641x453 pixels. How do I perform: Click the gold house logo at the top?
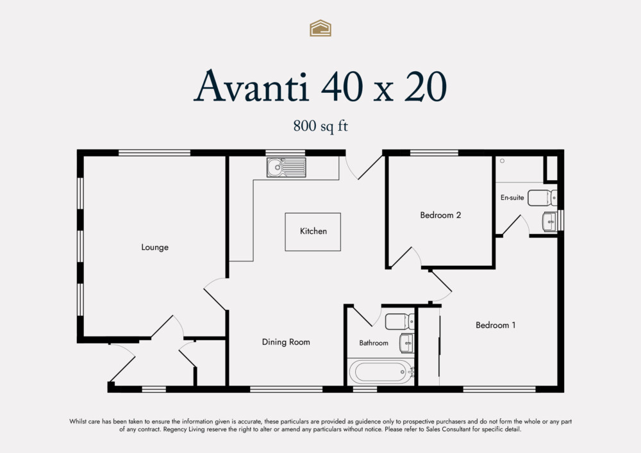click(320, 28)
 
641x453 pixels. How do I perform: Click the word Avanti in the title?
click(252, 86)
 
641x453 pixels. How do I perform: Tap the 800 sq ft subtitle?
click(320, 126)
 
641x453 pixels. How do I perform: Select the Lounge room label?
click(154, 247)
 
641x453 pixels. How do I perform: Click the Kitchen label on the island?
click(313, 231)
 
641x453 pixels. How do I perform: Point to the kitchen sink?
click(287, 169)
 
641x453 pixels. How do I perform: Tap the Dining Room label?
click(286, 342)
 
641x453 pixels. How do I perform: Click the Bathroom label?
click(373, 343)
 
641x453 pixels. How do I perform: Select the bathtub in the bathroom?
click(380, 372)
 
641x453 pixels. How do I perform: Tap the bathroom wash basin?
click(406, 343)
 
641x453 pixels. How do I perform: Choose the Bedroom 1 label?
click(495, 325)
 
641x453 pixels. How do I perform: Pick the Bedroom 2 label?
click(440, 215)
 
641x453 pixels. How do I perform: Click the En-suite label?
click(512, 198)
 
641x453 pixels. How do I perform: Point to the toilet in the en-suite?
click(542, 197)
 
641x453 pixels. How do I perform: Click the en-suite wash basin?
click(549, 222)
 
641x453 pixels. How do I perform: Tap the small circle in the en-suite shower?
click(503, 161)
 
